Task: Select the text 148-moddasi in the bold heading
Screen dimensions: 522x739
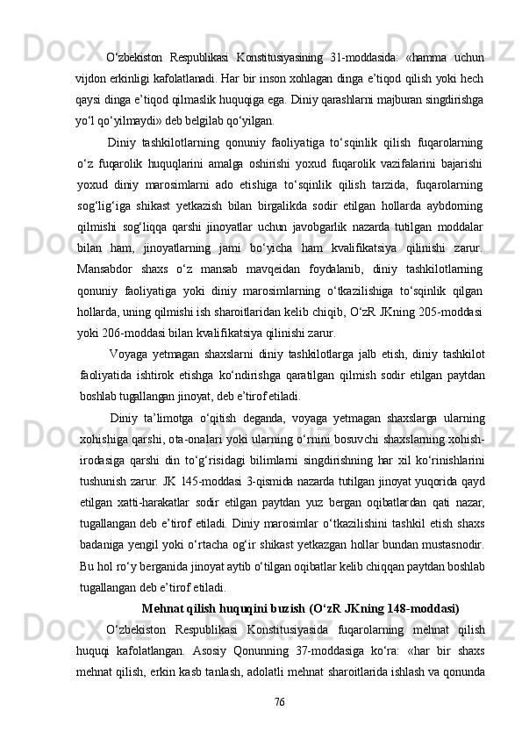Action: click(426, 606)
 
